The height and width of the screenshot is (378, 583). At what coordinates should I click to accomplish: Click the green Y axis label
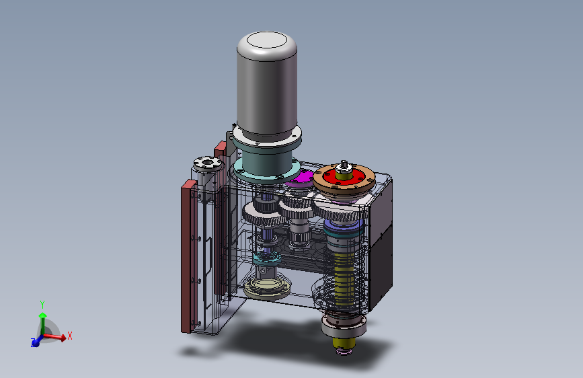pos(42,305)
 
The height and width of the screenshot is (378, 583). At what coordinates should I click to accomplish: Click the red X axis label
pos(69,336)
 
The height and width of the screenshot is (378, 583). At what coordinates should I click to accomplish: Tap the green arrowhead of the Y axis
pos(43,316)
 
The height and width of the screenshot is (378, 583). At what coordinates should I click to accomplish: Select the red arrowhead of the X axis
pos(63,338)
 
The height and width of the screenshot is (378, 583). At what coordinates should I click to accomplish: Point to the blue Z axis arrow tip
pos(34,343)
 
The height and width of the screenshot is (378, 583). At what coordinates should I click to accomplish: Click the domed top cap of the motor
pos(267,40)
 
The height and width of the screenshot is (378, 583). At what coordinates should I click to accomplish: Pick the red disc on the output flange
pos(344,178)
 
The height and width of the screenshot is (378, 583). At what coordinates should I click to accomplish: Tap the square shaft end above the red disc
pos(344,164)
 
